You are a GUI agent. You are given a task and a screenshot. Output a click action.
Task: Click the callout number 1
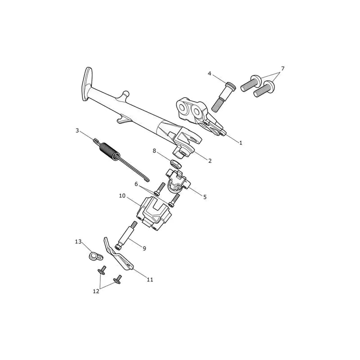[241, 143]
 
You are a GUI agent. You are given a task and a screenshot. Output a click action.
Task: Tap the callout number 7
[283, 68]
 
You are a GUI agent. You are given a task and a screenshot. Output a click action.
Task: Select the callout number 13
[78, 242]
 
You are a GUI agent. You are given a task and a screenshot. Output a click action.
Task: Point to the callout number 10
[122, 196]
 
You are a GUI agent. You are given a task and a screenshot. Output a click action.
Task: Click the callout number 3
[77, 130]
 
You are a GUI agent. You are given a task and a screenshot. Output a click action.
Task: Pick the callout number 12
[96, 291]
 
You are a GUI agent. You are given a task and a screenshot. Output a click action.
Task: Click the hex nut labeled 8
[176, 164]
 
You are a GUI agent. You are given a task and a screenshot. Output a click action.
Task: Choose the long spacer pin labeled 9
[126, 235]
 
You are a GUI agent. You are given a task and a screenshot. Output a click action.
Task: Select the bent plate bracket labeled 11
[118, 254]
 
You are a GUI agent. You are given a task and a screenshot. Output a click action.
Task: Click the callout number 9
[144, 248]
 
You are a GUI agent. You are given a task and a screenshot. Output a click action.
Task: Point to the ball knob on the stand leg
[126, 94]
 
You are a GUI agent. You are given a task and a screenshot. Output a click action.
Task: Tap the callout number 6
[136, 184]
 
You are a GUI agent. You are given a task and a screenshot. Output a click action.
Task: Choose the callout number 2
[210, 161]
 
